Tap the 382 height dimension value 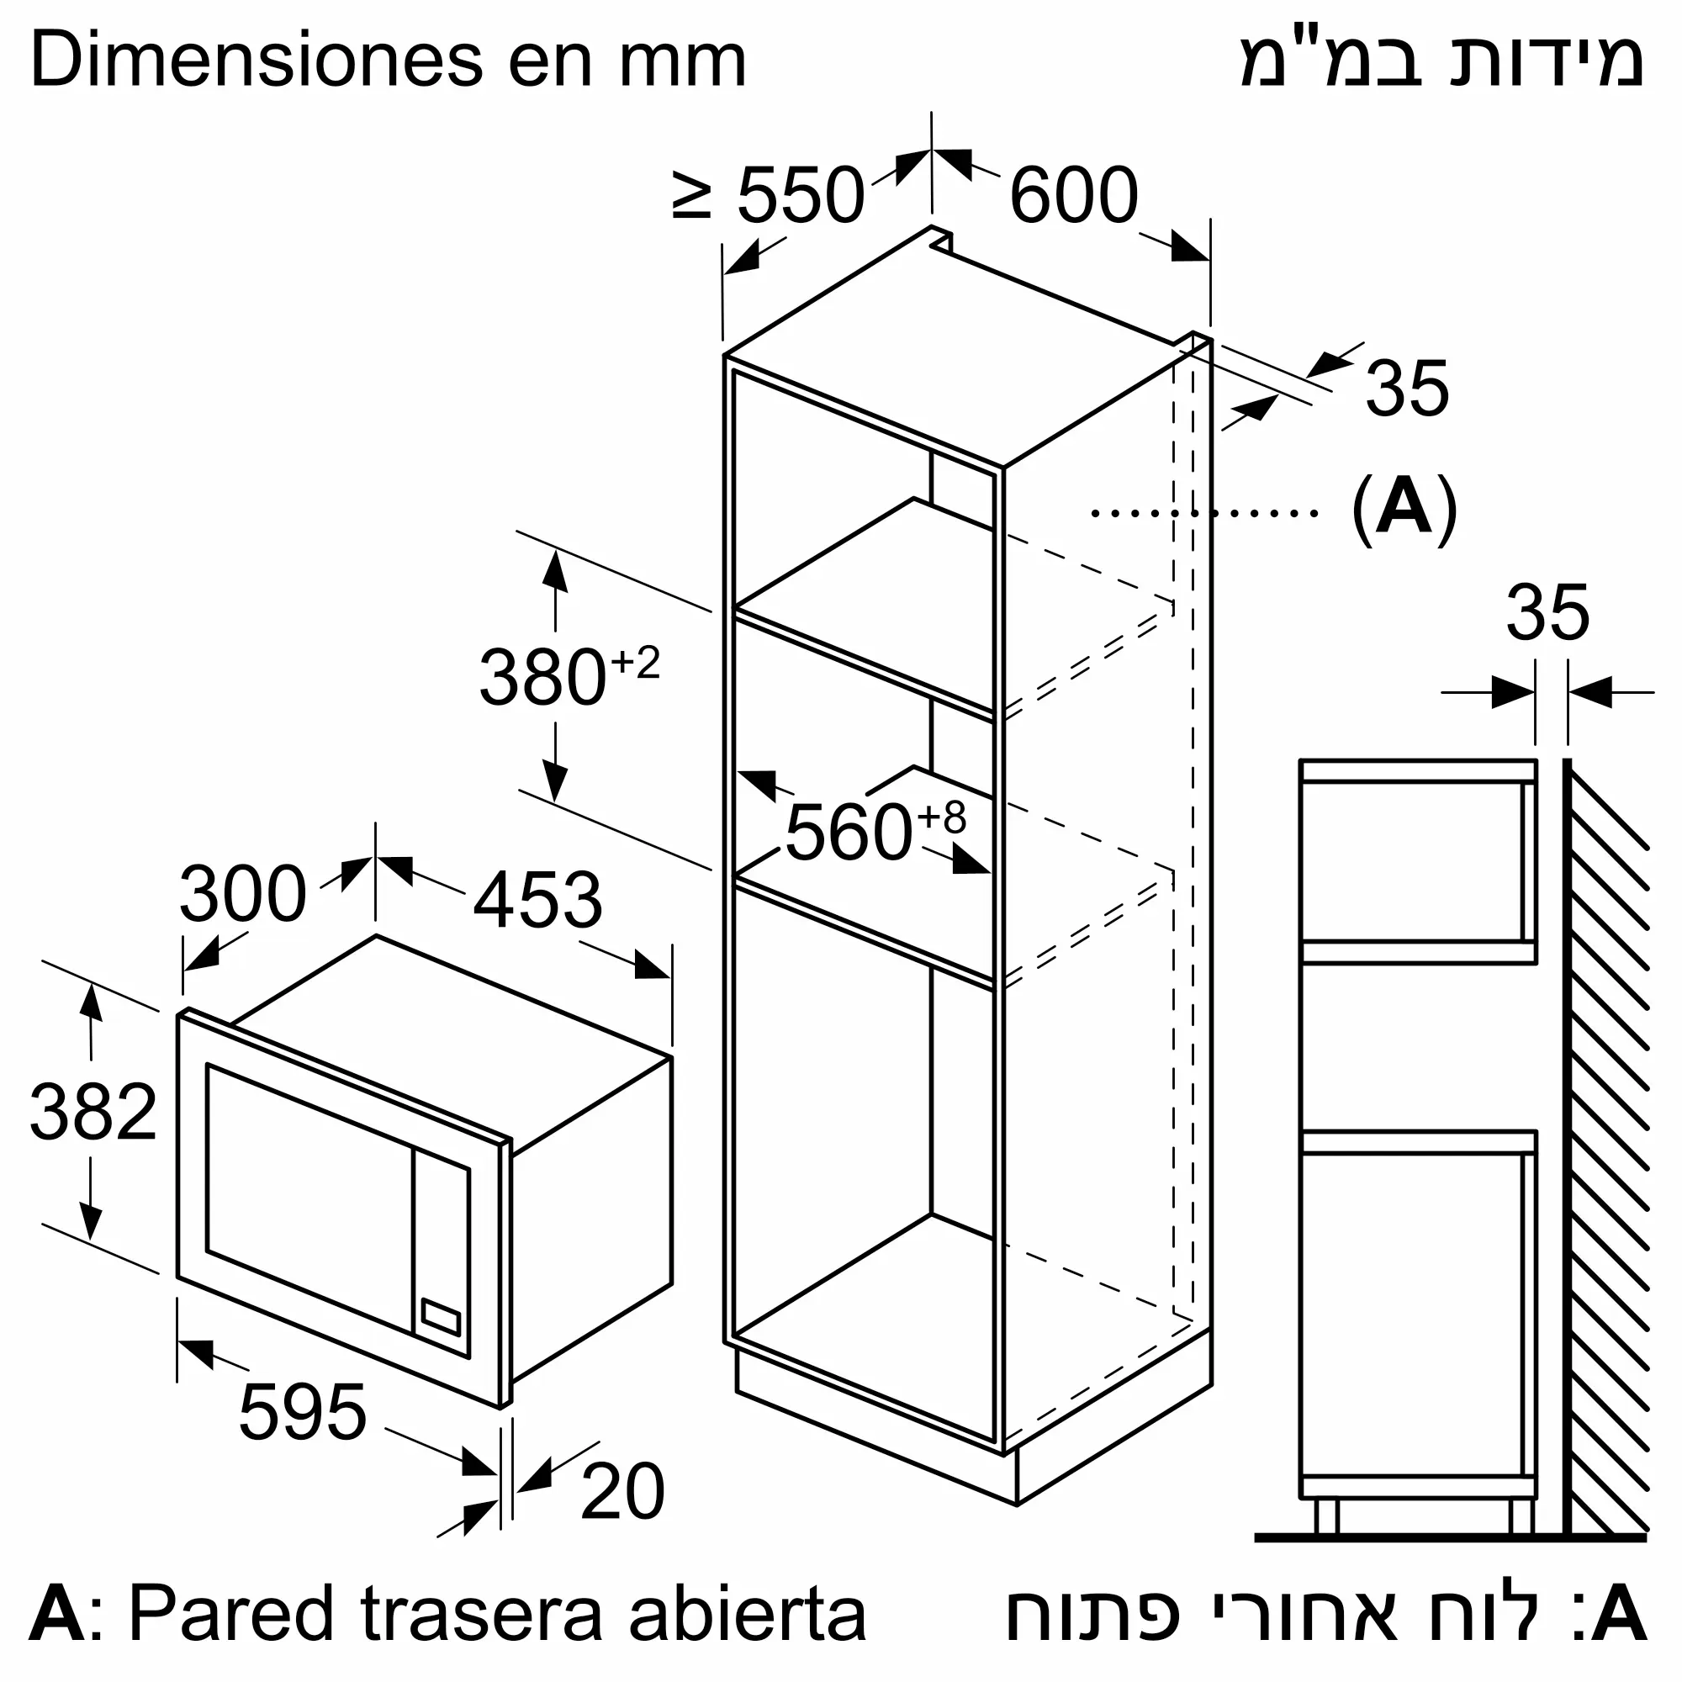click(93, 1112)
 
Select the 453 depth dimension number click(537, 899)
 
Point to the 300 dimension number click(243, 893)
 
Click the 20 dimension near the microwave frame click(622, 1492)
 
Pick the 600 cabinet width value click(1073, 195)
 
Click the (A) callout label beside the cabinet click(1404, 509)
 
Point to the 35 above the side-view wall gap click(1548, 613)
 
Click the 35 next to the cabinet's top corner click(1407, 388)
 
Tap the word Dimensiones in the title click(257, 61)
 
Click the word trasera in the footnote click(481, 1612)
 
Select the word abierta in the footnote click(748, 1612)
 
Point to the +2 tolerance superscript click(636, 664)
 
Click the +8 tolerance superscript click(942, 818)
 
